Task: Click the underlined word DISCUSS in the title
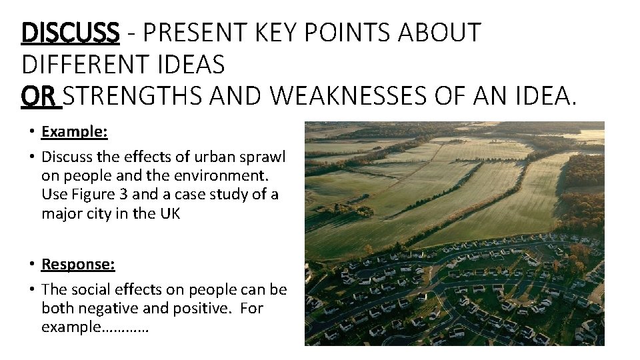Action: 70,32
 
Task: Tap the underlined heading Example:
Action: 75,131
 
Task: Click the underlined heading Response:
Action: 78,265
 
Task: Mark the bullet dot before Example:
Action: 32,132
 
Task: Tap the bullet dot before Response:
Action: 32,265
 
